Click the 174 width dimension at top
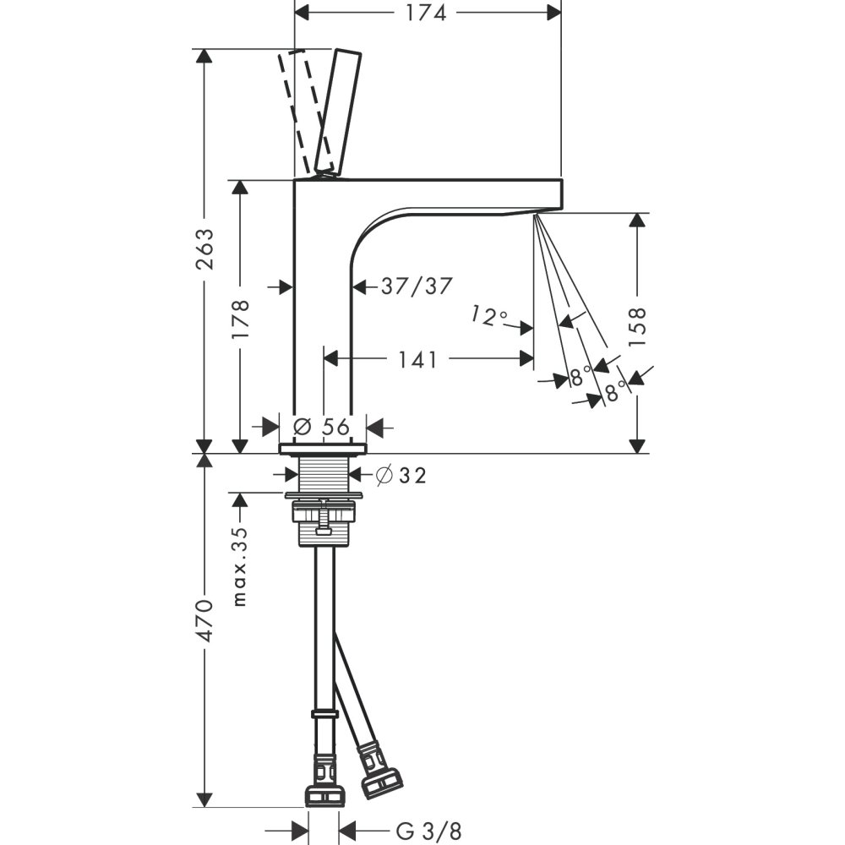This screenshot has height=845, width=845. (426, 13)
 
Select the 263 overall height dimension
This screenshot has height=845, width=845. (204, 249)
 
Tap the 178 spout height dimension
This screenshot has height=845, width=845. (240, 319)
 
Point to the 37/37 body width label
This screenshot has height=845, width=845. (416, 286)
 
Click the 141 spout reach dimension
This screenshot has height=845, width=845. (417, 359)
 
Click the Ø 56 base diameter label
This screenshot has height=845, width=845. (322, 427)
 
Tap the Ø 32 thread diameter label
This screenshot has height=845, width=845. (401, 475)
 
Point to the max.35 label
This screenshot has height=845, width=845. (240, 566)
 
